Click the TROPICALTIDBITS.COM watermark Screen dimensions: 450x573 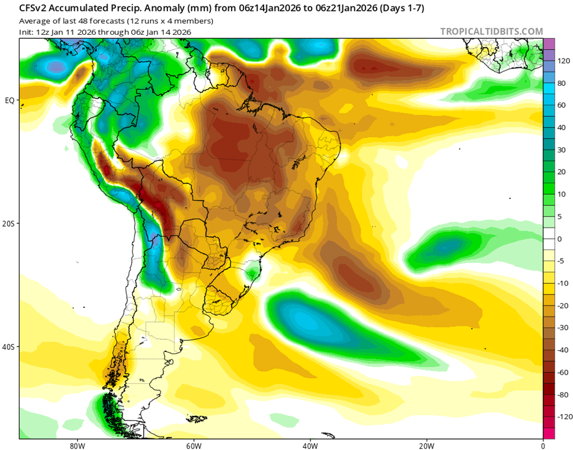(491, 31)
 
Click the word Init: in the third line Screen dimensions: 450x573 (28, 32)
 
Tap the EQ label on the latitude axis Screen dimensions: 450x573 (10, 100)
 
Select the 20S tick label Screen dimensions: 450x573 (9, 224)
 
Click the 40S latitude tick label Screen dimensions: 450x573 (9, 347)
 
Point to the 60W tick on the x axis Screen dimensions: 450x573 (194, 446)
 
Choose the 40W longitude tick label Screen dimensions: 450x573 (310, 446)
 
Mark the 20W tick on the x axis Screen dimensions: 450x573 (426, 446)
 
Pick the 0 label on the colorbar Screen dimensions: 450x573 (560, 239)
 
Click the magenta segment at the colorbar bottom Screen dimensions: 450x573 (549, 433)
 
